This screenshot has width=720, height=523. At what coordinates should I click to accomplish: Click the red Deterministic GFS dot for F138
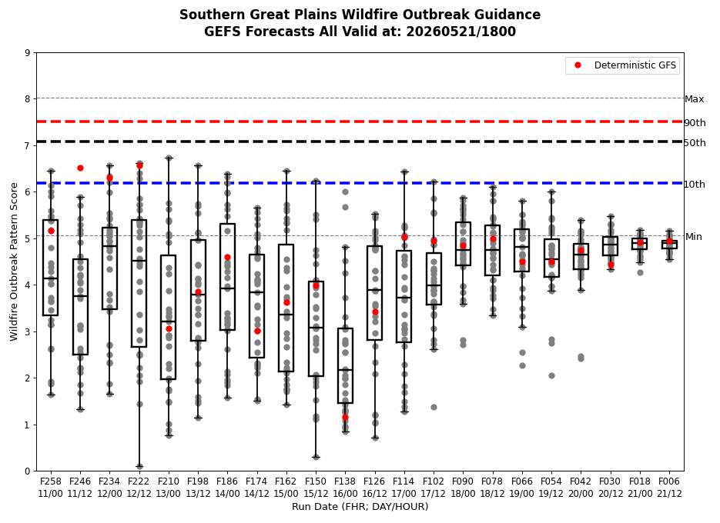(x=345, y=417)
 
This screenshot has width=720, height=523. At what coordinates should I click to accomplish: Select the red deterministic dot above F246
(x=80, y=168)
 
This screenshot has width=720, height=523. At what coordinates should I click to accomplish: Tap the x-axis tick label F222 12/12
(x=139, y=487)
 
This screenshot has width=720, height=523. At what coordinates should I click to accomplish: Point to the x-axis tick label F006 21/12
(x=669, y=487)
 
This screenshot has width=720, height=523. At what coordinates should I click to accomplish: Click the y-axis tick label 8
(x=28, y=99)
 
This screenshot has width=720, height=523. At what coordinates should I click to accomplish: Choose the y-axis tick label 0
(x=28, y=471)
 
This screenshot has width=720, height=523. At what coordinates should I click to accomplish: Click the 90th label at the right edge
(x=695, y=122)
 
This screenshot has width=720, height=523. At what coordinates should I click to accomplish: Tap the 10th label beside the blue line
(x=695, y=184)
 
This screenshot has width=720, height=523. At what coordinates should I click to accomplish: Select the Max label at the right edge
(x=695, y=99)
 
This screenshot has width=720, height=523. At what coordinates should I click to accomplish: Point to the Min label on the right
(x=694, y=237)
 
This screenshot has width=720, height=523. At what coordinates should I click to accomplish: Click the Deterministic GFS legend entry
(x=623, y=65)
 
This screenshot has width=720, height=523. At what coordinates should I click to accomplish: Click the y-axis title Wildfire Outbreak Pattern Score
(x=14, y=261)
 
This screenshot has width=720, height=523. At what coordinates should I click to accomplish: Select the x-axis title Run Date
(x=360, y=507)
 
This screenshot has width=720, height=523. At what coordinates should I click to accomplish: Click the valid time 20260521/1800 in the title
(x=461, y=32)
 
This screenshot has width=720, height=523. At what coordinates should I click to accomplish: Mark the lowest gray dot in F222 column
(x=139, y=467)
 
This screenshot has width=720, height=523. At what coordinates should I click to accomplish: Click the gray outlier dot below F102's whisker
(x=434, y=407)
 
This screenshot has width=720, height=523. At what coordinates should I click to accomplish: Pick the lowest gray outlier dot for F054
(x=552, y=375)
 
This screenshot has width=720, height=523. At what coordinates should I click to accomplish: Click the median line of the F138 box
(x=345, y=370)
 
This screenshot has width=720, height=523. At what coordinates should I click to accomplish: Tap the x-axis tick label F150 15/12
(x=316, y=487)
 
